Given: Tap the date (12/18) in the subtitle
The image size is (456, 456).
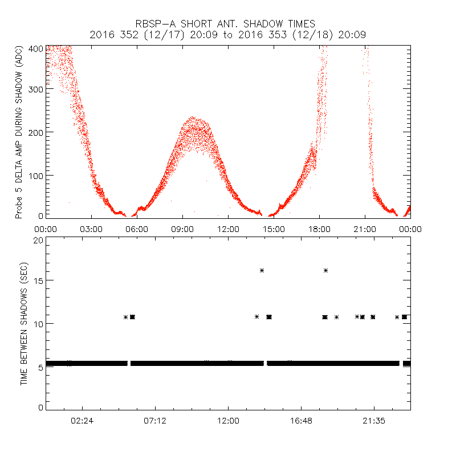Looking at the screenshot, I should coord(307,35).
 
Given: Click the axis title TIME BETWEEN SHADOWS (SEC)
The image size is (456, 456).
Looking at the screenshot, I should coord(24,324).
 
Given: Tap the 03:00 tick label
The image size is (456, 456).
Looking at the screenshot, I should coord(91,229).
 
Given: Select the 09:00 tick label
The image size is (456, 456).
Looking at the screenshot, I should coord(182,229).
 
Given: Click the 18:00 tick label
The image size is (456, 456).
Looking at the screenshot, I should coord(319,229).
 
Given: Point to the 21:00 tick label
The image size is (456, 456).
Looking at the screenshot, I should coord(365,229).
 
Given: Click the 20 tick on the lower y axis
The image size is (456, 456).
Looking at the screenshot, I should coord(39,240).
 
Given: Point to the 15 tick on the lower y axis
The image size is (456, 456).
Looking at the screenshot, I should coord(39,281).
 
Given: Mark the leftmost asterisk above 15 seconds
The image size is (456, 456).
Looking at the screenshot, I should coord(262,270).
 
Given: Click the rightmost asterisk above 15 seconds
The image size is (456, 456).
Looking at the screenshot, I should coord(325,270).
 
